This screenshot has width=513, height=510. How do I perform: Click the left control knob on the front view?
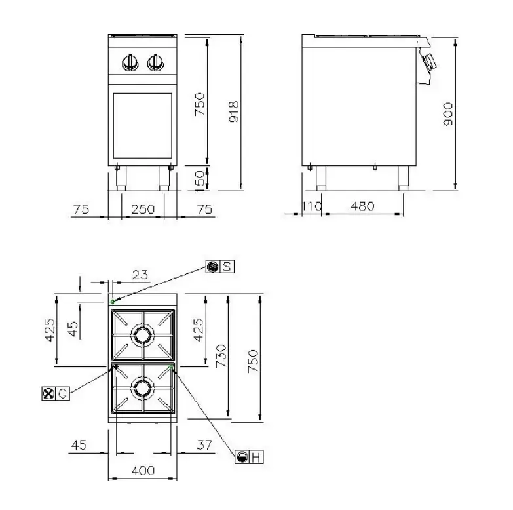point(130,62)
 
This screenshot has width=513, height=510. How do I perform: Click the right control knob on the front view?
point(156,62)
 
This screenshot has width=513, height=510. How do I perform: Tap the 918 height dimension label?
point(234,111)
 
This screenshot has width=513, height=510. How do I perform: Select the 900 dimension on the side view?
point(448,114)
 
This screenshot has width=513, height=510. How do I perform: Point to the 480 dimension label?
point(362,206)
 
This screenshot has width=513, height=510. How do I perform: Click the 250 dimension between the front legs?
point(143,209)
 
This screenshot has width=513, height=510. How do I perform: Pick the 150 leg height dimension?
point(200,178)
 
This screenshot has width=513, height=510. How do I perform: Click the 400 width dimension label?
point(143,471)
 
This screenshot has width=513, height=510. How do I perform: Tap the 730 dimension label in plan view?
point(221,356)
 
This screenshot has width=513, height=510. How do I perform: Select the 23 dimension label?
point(140,275)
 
